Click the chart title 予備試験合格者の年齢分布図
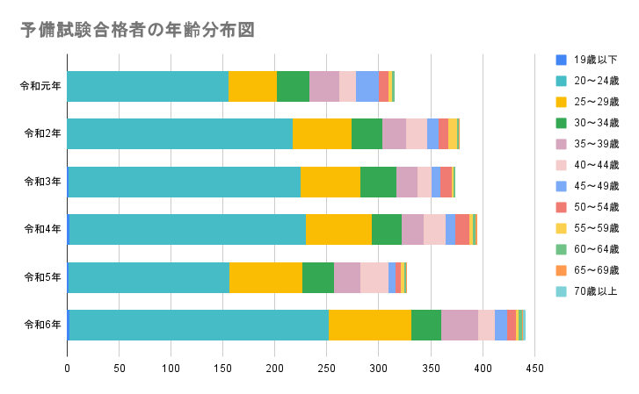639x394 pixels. pos(137,30)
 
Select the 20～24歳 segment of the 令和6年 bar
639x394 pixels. pos(199,324)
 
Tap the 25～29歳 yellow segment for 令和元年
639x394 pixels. pos(252,86)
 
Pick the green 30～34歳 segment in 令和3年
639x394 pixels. pos(378,182)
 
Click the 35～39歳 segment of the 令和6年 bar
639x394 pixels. pos(459,324)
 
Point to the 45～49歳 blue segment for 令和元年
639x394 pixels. pos(367,86)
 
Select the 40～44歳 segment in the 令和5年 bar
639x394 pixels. pos(374,276)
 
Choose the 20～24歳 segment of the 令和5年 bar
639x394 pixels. pos(149,276)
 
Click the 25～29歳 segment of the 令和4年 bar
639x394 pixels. pos(338,229)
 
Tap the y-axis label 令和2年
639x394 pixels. pos(42,133)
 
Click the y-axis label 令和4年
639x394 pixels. pos(42,229)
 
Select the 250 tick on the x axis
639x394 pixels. pos(326,369)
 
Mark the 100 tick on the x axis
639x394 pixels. pos(171,369)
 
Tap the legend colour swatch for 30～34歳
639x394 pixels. pos(561,123)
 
